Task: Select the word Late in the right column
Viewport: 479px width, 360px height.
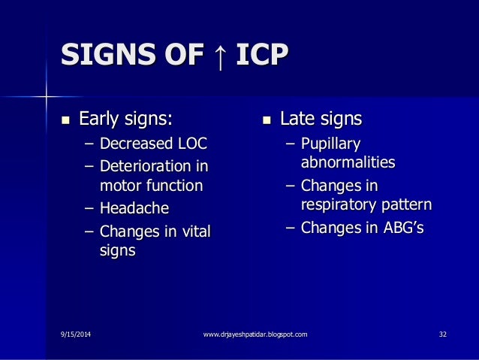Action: tap(297, 119)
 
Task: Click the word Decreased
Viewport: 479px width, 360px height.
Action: tap(137, 143)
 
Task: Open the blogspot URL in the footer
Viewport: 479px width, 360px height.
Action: tap(255, 333)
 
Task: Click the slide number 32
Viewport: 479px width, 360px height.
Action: tap(442, 333)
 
